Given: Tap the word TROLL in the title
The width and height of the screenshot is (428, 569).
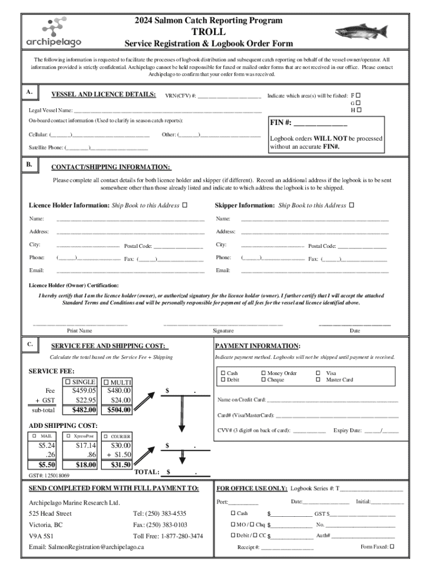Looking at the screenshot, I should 208,32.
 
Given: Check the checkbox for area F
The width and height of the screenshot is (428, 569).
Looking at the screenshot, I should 358,95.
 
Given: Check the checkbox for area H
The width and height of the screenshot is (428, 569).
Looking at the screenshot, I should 358,110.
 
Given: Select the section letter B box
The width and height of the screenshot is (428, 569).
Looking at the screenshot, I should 29,165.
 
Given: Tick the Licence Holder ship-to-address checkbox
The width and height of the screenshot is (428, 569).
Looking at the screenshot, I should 185,206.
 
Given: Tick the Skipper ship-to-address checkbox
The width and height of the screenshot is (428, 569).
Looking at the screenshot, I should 351,206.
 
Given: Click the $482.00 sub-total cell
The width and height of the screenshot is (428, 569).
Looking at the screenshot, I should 84,410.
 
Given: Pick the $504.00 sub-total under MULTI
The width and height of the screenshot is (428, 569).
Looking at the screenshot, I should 120,410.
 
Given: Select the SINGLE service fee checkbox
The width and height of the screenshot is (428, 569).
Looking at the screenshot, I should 68,382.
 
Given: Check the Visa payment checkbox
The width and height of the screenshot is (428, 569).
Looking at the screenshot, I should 318,373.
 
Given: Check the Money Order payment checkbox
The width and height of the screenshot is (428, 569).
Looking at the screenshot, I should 263,373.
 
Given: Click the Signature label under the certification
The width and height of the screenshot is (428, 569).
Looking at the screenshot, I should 223,331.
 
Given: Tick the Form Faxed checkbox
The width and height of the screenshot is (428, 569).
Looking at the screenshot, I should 392,546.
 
